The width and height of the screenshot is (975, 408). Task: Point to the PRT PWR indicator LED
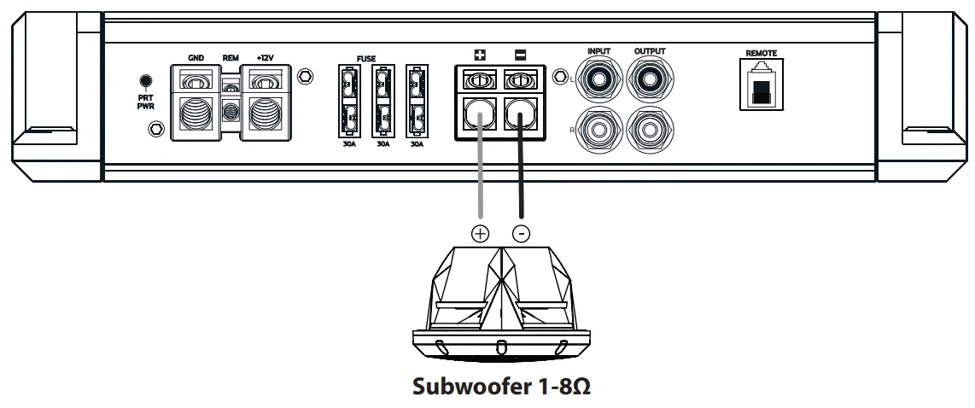pyautogui.click(x=145, y=81)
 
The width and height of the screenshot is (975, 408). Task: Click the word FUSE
pyautogui.click(x=366, y=59)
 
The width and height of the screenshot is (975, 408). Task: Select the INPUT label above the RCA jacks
pyautogui.click(x=599, y=52)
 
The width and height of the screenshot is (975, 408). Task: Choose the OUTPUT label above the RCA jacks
pyautogui.click(x=649, y=52)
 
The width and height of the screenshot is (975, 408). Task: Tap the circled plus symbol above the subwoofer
pyautogui.click(x=481, y=233)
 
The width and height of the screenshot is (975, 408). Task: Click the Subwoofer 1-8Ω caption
pyautogui.click(x=502, y=387)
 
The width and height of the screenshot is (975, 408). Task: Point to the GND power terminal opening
pyautogui.click(x=196, y=116)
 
